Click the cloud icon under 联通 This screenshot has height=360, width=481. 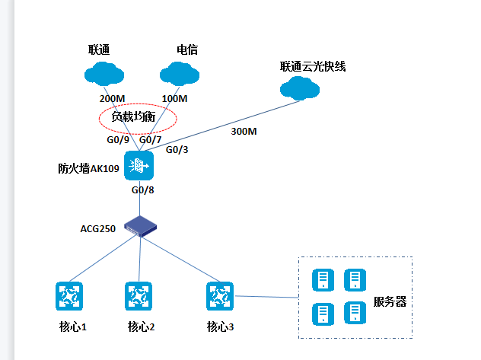(x=104, y=74)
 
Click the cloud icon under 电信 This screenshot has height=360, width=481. (x=179, y=74)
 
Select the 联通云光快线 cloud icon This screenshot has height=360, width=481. (x=301, y=88)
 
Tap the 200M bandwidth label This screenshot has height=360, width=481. (x=112, y=99)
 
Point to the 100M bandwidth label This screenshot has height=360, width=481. (x=175, y=99)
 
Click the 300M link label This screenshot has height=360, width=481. (x=244, y=132)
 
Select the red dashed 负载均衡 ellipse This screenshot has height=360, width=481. (x=138, y=118)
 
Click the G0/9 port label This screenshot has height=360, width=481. (x=118, y=140)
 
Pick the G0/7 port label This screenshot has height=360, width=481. (x=151, y=140)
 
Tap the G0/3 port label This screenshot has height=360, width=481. (x=177, y=149)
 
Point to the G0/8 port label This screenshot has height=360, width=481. (x=143, y=190)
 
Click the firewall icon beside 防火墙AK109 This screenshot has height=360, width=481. (x=139, y=165)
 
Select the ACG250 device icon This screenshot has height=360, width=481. (x=140, y=225)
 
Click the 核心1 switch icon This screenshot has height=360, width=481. (x=69, y=296)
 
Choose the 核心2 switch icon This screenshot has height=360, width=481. (x=139, y=296)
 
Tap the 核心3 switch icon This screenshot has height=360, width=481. (x=219, y=296)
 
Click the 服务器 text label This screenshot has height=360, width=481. (x=390, y=302)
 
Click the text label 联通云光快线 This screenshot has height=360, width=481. (x=313, y=66)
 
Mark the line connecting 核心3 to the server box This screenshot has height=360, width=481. (x=266, y=297)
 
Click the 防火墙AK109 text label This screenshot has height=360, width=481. (x=88, y=168)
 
